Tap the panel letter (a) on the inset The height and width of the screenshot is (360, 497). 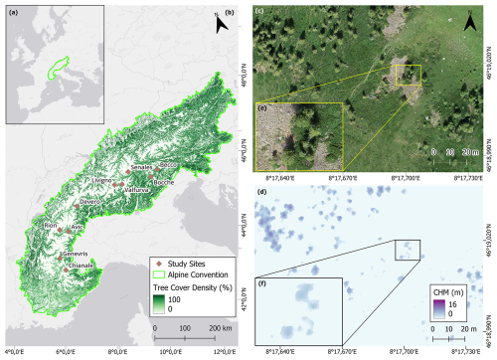12,12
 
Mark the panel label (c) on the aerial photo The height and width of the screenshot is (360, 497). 259,12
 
